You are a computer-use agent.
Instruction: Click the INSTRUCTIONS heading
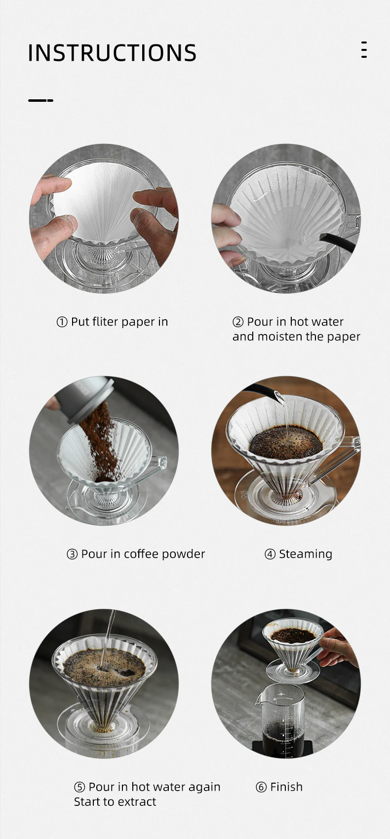point(112,53)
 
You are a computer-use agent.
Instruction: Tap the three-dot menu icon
point(364,50)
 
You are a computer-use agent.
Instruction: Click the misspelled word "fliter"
point(105,322)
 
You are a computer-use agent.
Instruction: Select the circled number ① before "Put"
point(62,322)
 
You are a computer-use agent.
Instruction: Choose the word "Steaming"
point(306,554)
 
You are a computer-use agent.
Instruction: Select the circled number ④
point(270,554)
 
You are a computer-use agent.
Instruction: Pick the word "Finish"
point(286,787)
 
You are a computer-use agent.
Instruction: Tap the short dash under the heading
point(40,100)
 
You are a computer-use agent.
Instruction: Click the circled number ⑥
point(261,787)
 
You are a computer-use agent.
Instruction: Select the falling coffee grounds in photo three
point(102,440)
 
